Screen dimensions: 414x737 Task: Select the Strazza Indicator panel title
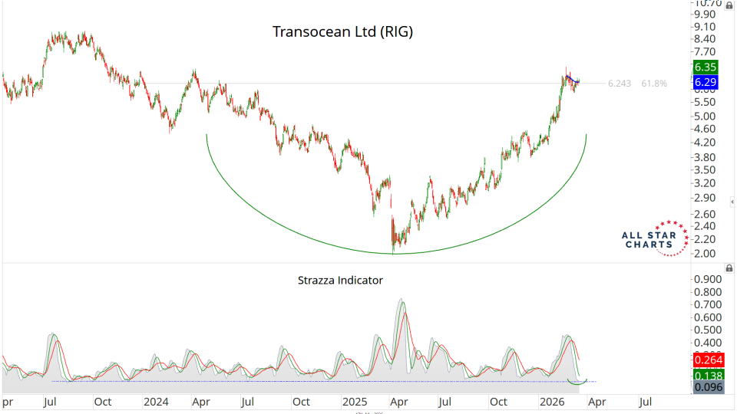pos(340,281)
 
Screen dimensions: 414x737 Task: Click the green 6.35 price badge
pos(706,67)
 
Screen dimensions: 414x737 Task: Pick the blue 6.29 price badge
pos(706,82)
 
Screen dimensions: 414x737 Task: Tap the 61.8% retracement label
pos(654,84)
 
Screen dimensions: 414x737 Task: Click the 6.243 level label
pos(619,84)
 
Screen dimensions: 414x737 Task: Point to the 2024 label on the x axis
pos(156,402)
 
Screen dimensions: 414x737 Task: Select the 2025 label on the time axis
pos(355,402)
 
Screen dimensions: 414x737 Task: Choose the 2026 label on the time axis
pos(552,402)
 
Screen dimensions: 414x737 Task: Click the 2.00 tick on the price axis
pos(706,254)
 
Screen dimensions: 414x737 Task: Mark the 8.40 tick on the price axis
pos(706,39)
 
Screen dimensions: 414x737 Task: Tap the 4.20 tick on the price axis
pos(706,143)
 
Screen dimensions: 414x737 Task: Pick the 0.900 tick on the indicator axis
pos(708,280)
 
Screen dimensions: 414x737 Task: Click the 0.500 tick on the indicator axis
pos(708,330)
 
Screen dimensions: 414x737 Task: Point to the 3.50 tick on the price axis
pos(706,169)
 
